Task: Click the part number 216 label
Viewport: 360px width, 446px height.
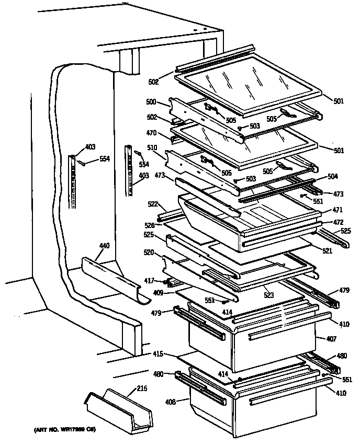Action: pyautogui.click(x=141, y=388)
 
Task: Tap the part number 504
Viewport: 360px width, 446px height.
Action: pyautogui.click(x=333, y=177)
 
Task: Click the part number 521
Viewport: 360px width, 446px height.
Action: pyautogui.click(x=327, y=251)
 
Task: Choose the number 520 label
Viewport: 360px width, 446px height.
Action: pyautogui.click(x=149, y=252)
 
